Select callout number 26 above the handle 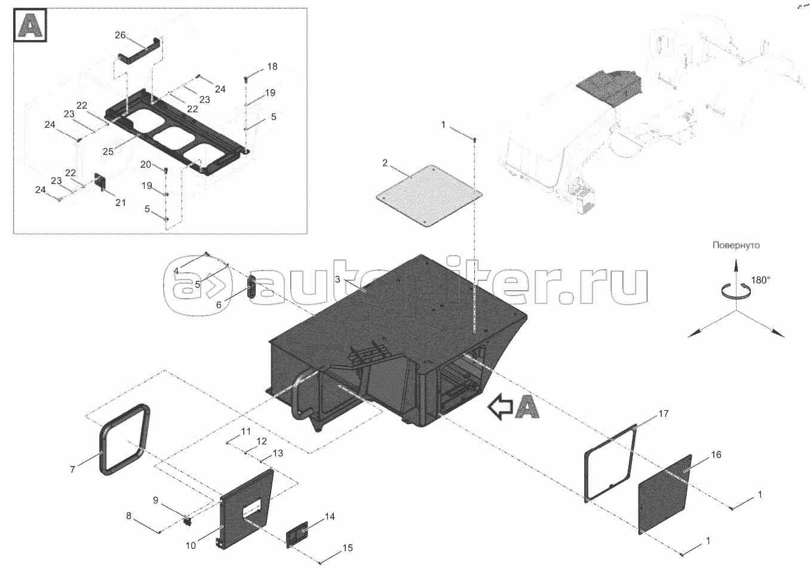click(x=120, y=35)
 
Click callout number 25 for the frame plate click(x=108, y=152)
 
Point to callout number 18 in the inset click(x=272, y=66)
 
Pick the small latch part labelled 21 click(x=101, y=183)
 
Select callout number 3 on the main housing click(x=337, y=280)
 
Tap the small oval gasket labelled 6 click(x=251, y=286)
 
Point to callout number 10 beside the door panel click(x=191, y=545)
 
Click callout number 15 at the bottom click(x=348, y=548)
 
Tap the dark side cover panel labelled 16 click(x=664, y=493)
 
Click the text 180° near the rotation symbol click(x=760, y=280)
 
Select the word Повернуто click(x=735, y=245)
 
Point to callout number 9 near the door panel click(x=155, y=500)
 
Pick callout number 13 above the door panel click(x=277, y=453)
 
